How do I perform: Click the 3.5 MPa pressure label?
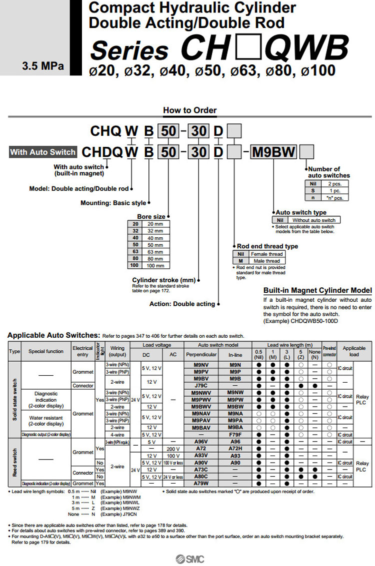coord(42,66)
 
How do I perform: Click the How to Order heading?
coord(190,110)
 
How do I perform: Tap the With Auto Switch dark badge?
coord(43,152)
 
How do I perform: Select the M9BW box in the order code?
coord(273,152)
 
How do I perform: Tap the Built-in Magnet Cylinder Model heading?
coord(317,291)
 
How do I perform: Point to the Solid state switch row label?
coord(14,400)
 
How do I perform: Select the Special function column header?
coord(46,351)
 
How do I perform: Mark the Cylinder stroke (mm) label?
coord(163,280)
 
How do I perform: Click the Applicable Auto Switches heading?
coord(54,336)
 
